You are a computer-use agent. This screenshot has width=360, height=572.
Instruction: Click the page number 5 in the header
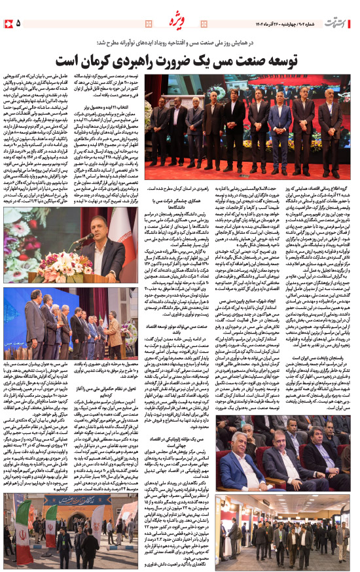(x=18, y=24)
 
